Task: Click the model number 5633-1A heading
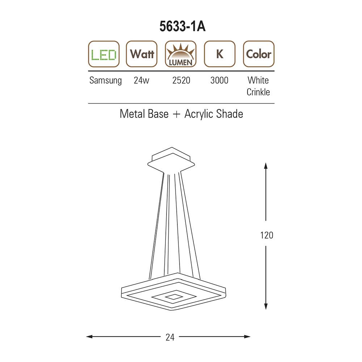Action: pyautogui.click(x=182, y=26)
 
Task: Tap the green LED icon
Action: pyautogui.click(x=104, y=54)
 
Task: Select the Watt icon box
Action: pyautogui.click(x=142, y=54)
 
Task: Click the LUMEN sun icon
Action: pyautogui.click(x=181, y=54)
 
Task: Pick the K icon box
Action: pyautogui.click(x=220, y=54)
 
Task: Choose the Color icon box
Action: pyautogui.click(x=258, y=54)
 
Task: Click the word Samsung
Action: pyautogui.click(x=105, y=81)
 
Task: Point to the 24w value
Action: pyautogui.click(x=142, y=80)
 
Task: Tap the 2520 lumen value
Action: pyautogui.click(x=181, y=80)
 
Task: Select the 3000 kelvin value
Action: pyautogui.click(x=219, y=80)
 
